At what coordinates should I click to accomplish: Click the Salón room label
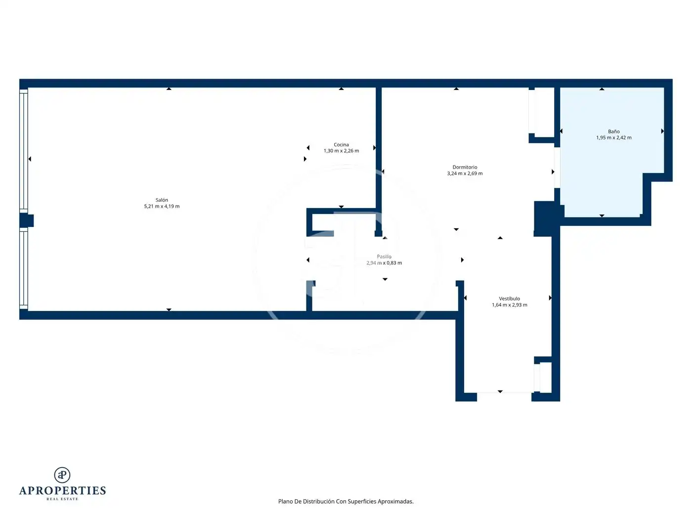click(162, 200)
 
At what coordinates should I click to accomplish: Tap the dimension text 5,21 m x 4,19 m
click(162, 207)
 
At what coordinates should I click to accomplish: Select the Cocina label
click(341, 145)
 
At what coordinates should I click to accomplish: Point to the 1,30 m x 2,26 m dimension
click(341, 151)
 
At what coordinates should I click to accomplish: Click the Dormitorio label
click(465, 168)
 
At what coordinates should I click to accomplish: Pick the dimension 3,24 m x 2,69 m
click(465, 173)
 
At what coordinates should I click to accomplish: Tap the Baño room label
click(613, 131)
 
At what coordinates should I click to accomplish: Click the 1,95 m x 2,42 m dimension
click(613, 138)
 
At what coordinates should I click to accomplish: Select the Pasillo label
click(384, 257)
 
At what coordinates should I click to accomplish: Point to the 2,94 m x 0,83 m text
click(384, 263)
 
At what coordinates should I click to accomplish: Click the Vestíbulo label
click(509, 299)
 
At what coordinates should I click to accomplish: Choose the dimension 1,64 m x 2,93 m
click(509, 304)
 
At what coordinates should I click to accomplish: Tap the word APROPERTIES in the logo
click(62, 491)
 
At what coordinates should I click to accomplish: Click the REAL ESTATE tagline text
click(62, 499)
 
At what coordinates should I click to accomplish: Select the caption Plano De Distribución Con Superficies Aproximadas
click(346, 501)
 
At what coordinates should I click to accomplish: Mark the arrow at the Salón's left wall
click(30, 159)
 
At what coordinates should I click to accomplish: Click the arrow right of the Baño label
click(662, 131)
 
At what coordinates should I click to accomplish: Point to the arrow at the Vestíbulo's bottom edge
click(500, 391)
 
